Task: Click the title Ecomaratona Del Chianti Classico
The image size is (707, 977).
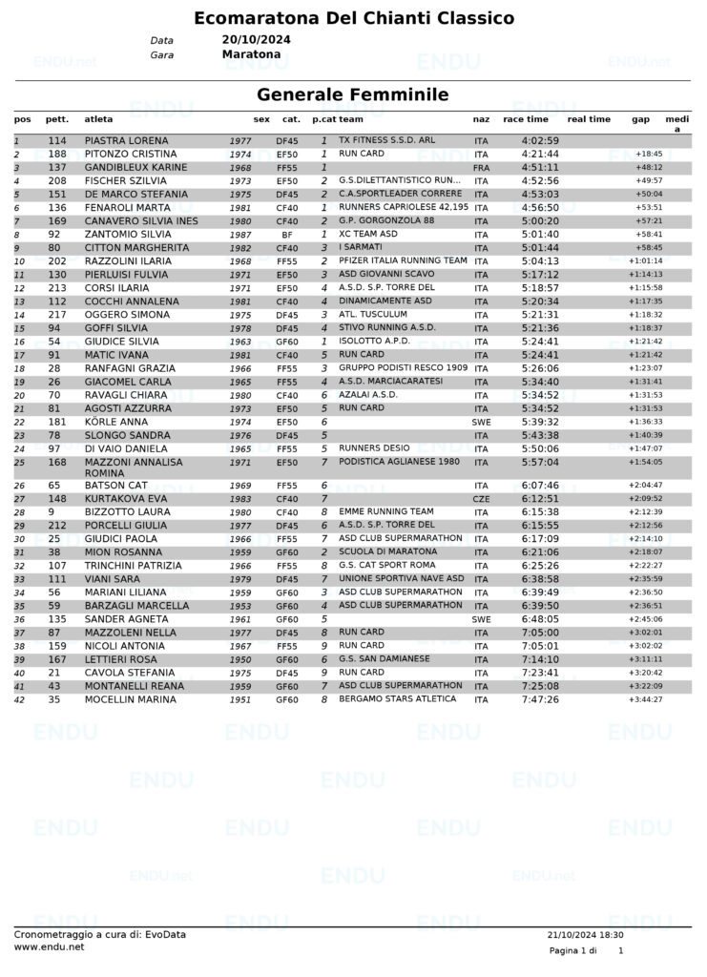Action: [x=353, y=18]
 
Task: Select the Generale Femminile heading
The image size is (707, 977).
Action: [x=353, y=94]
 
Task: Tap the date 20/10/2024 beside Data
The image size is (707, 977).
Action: [x=256, y=40]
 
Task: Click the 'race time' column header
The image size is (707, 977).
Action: [x=526, y=119]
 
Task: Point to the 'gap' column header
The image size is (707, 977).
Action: [x=641, y=119]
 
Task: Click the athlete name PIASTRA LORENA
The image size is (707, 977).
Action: [x=126, y=140]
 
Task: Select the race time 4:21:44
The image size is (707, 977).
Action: [x=540, y=154]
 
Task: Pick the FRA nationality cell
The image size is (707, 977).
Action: [x=481, y=167]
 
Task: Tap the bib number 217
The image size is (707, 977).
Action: [x=56, y=314]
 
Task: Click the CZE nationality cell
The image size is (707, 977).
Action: [x=481, y=498]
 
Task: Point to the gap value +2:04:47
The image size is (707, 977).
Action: [x=645, y=486]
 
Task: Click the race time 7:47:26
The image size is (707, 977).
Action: [x=540, y=699]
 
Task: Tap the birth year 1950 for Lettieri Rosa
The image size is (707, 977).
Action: [x=240, y=659]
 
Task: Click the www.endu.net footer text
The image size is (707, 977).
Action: [x=49, y=947]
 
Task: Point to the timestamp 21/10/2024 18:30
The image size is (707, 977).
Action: [x=586, y=935]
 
